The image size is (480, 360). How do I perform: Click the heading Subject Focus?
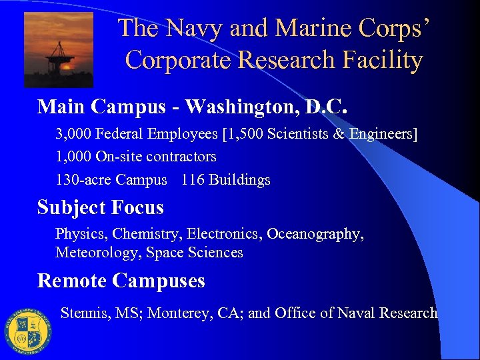(x=101, y=207)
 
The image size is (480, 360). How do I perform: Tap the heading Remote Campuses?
(x=121, y=281)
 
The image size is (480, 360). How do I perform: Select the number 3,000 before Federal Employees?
(x=73, y=135)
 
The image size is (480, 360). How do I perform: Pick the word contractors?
(x=183, y=157)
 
